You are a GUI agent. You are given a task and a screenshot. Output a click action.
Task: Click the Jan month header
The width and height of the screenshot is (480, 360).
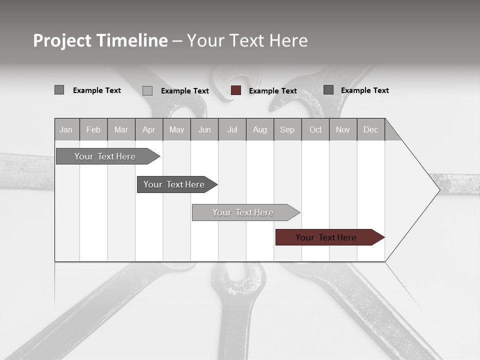(66, 130)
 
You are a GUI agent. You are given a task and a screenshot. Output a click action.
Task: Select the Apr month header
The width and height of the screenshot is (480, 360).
(149, 130)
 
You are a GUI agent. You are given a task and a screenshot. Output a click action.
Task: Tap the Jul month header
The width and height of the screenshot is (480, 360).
(232, 130)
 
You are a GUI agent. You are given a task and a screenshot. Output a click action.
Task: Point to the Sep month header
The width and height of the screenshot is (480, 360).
(287, 130)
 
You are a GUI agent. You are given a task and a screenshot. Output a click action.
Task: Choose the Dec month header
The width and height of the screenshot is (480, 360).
(370, 130)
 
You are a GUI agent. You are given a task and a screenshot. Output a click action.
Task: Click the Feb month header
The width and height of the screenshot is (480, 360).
(93, 130)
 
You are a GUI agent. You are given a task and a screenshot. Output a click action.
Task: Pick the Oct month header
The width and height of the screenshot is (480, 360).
(315, 130)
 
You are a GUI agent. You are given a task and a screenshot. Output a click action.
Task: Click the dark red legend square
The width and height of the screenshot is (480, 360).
(236, 90)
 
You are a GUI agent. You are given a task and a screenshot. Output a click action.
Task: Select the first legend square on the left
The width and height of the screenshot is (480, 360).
(59, 90)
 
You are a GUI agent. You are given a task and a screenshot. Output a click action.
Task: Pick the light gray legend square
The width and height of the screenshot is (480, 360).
(147, 90)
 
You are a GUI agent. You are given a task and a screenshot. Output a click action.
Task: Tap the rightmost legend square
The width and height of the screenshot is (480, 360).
(328, 90)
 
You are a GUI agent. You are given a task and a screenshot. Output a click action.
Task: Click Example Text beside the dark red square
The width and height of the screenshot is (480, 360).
(273, 91)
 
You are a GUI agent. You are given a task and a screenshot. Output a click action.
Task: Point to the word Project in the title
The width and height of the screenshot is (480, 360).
(62, 40)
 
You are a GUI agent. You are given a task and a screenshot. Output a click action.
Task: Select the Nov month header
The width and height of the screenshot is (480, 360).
(343, 130)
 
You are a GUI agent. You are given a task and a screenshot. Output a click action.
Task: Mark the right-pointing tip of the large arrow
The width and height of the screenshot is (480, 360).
(439, 190)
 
